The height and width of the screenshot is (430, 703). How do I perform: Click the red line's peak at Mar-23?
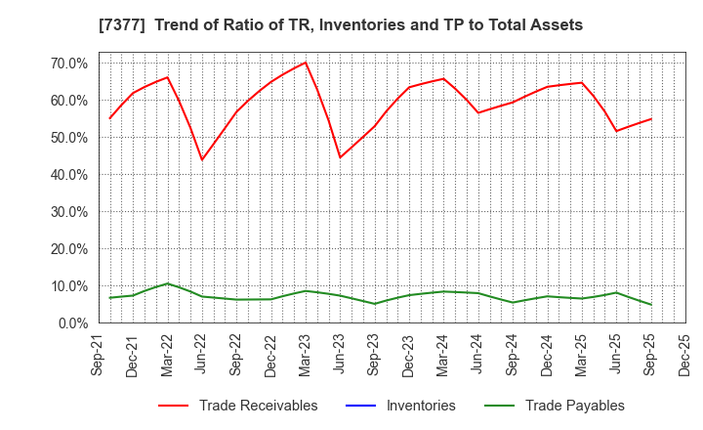306,63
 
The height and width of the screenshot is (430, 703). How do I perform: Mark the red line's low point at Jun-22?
202,160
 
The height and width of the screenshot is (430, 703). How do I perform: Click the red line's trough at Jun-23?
340,157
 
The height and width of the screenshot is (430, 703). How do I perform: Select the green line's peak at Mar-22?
167,283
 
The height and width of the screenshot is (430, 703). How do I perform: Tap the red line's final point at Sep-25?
651,119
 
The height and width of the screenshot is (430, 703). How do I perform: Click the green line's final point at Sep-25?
651,305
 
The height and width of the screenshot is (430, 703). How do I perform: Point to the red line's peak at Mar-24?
443,78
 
